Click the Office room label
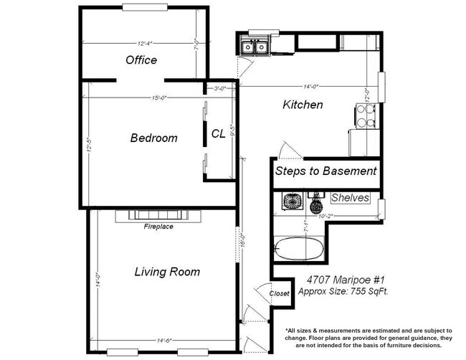point(141,60)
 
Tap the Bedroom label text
point(153,138)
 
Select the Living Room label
point(167,272)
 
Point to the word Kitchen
point(303,105)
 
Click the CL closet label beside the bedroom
point(218,133)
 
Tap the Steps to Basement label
point(325,171)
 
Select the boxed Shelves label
point(350,198)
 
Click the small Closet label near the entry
point(279,294)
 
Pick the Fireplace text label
point(158,227)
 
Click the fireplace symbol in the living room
point(158,214)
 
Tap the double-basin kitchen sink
point(254,47)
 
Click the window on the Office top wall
point(146,8)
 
